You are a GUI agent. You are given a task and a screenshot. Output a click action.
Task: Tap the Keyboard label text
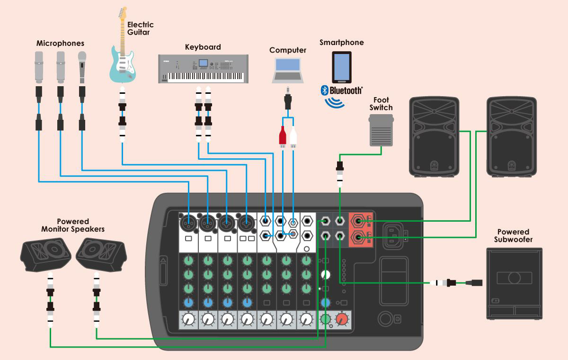tap(203, 47)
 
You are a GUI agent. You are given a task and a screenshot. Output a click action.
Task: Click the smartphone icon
tap(342, 66)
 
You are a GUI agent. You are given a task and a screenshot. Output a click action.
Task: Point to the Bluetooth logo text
tap(346, 90)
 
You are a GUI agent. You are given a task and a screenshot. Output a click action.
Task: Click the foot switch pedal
tap(382, 130)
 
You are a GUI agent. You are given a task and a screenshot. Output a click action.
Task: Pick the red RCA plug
tap(283, 136)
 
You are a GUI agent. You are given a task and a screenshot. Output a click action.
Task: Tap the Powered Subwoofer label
tap(513, 235)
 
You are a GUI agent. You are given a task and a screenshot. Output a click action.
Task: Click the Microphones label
tap(60, 43)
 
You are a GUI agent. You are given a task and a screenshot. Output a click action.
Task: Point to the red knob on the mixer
tap(342, 320)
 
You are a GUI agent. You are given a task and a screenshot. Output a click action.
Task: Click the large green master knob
tap(326, 320)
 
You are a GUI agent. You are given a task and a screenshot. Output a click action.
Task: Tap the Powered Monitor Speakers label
tap(73, 225)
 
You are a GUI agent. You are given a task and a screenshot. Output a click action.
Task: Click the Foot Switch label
tap(381, 104)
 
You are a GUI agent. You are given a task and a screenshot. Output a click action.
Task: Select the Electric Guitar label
tap(141, 28)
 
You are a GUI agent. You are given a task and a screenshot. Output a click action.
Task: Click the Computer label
tap(288, 50)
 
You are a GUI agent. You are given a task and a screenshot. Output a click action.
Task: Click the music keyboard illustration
tap(203, 69)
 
